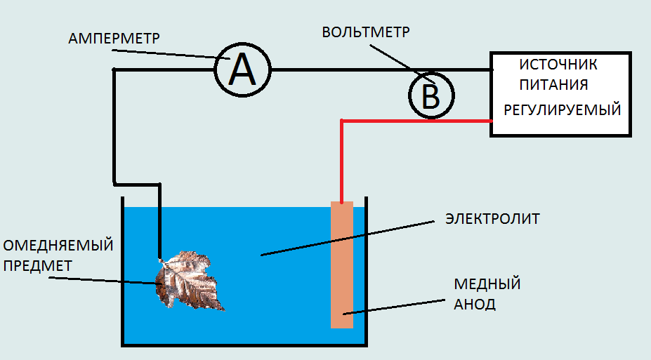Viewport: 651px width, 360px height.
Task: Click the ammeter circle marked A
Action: click(x=242, y=70)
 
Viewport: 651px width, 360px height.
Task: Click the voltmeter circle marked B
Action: click(x=430, y=95)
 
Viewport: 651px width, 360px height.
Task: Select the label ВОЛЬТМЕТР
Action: click(x=365, y=32)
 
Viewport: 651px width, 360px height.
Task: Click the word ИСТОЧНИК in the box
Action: click(x=558, y=65)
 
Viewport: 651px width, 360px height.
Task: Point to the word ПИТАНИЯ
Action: click(x=553, y=85)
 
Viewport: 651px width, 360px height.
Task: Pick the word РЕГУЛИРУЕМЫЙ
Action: click(x=562, y=110)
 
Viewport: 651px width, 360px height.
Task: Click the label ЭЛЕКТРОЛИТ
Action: click(x=492, y=219)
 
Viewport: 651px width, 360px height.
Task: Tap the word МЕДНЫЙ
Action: click(x=487, y=284)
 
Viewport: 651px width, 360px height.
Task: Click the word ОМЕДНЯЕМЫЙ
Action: click(x=58, y=246)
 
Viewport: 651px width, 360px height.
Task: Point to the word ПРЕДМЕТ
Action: click(x=39, y=265)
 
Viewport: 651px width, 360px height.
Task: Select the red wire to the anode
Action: click(x=414, y=121)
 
